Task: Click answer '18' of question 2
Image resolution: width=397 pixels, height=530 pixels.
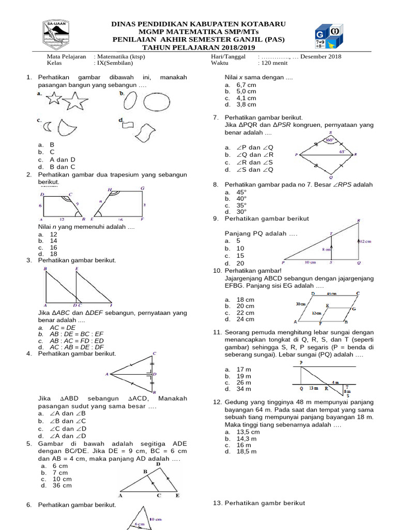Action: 54,254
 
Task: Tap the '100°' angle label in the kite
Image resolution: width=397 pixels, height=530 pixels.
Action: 330,139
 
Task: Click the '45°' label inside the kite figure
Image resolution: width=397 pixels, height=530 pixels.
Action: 342,152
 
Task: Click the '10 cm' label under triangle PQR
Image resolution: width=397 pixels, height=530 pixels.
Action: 311,262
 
